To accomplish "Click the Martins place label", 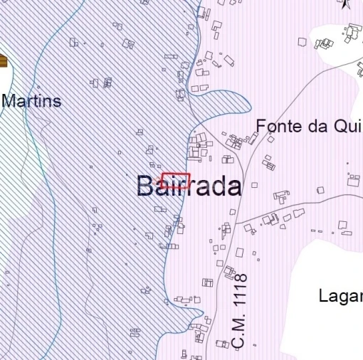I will [31, 100].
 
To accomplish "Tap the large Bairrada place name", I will [189, 186].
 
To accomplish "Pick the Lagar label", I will [342, 295].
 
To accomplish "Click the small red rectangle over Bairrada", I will [176, 180].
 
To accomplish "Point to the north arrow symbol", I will [344, 4].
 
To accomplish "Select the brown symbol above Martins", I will [3, 63].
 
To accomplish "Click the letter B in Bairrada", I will [146, 186].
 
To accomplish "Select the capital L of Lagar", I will [324, 295].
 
